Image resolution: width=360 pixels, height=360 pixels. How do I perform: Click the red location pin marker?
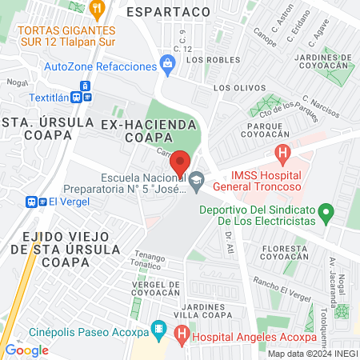tap(181, 162)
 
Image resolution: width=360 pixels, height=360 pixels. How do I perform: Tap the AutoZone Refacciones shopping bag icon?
tap(167, 63)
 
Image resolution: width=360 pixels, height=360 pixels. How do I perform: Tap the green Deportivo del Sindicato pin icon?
tap(326, 214)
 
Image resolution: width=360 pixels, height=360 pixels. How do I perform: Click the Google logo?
tap(26, 350)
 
